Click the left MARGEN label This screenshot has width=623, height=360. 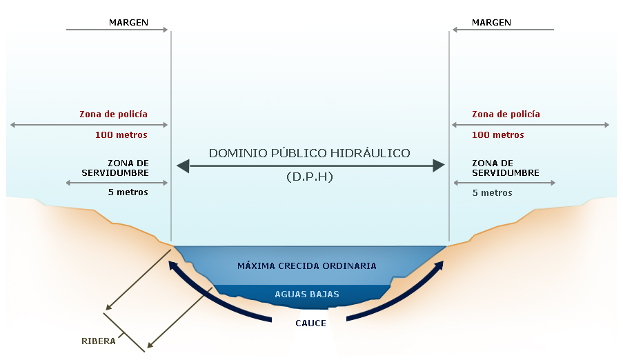(128, 22)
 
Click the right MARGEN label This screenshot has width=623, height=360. (491, 22)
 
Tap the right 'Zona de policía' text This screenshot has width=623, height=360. (506, 114)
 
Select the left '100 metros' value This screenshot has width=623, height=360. (121, 135)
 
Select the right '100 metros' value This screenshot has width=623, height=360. (498, 135)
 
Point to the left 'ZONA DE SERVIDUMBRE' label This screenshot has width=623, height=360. (115, 168)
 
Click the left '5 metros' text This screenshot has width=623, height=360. (128, 192)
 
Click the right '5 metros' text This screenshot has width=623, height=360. (492, 193)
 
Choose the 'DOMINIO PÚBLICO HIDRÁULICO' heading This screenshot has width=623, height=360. (310, 152)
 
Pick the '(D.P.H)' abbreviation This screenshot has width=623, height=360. (310, 177)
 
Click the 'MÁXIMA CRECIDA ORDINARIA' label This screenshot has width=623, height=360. (306, 266)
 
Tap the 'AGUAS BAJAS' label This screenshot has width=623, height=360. (307, 294)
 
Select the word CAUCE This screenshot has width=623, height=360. (310, 323)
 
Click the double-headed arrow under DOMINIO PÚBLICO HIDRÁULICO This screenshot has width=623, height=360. (310, 166)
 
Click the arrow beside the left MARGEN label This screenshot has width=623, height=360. (117, 30)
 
